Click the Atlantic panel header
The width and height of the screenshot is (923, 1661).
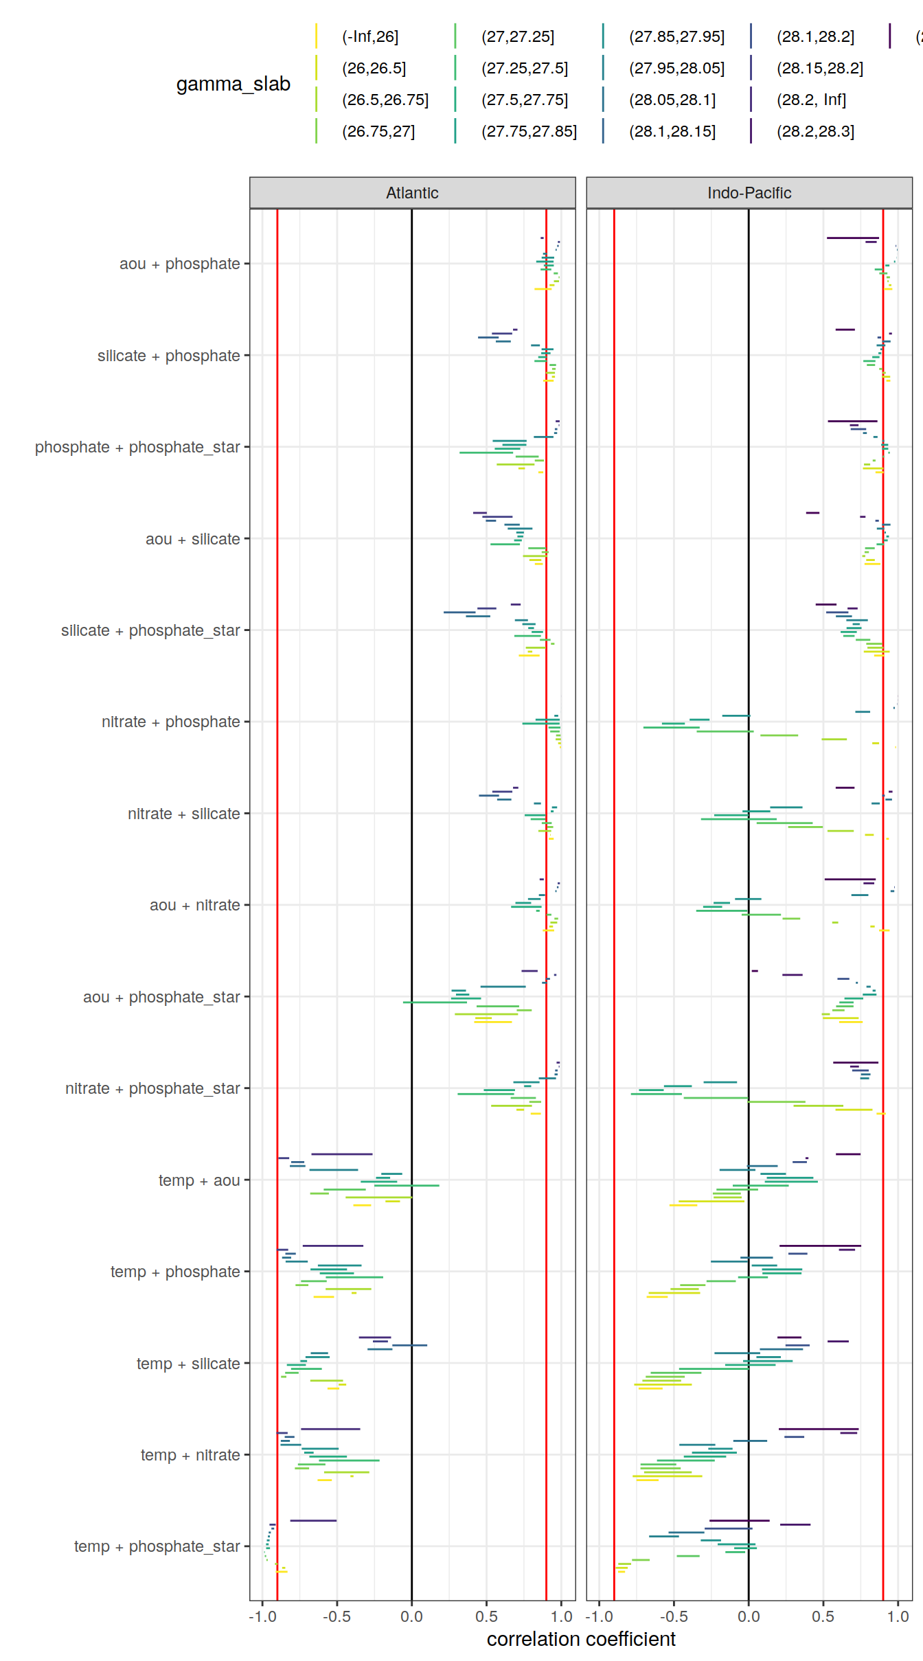[x=412, y=193]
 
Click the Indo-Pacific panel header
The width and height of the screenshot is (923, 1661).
[x=749, y=193]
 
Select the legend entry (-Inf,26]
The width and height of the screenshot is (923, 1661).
[x=369, y=36]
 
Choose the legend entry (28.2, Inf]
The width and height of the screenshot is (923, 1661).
[x=811, y=100]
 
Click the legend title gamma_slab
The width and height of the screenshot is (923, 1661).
[x=233, y=84]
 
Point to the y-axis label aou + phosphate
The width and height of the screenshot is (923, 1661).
[x=179, y=264]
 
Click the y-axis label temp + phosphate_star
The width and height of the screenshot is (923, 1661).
[x=157, y=1546]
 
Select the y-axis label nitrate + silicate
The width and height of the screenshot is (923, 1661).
[x=183, y=814]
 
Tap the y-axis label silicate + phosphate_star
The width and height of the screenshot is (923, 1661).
[x=150, y=630]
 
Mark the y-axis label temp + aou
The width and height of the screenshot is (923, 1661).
[x=199, y=1180]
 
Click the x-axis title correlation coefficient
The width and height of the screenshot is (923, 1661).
[x=581, y=1640]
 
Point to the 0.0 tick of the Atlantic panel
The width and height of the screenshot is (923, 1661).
[x=411, y=1616]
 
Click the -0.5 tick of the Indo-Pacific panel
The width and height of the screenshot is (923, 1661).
[x=674, y=1616]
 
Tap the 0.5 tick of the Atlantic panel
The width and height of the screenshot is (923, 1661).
[x=486, y=1616]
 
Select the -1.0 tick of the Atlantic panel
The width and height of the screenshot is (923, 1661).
[x=262, y=1616]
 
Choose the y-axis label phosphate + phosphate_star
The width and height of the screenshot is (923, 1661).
[x=137, y=447]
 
